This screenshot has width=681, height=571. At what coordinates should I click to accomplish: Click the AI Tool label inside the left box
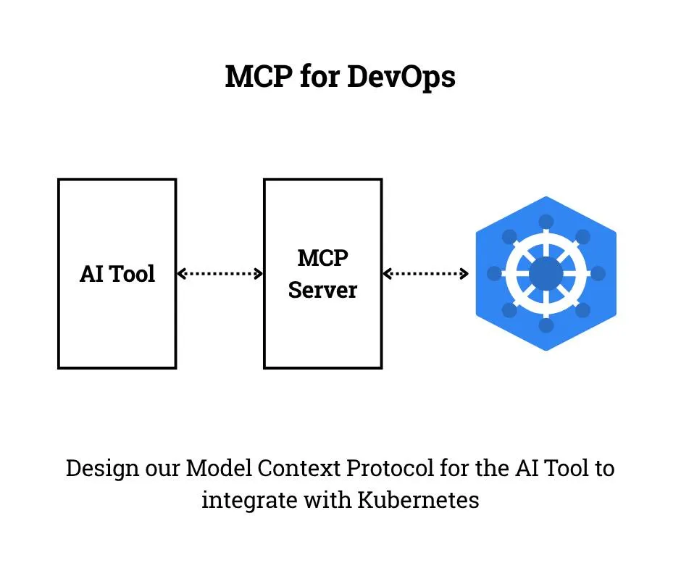117,274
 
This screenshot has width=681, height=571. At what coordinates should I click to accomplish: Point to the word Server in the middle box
322,290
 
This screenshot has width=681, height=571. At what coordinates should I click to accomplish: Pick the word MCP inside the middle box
322,258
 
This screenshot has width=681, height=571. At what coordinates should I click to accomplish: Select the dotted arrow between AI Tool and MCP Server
220,274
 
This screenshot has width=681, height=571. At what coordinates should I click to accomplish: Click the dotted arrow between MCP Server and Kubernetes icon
425,274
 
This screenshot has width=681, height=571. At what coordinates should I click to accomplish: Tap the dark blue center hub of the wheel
546,274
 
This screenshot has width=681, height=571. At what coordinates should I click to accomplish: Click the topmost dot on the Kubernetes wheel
546,222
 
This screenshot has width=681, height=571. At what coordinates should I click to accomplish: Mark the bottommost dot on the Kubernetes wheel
546,325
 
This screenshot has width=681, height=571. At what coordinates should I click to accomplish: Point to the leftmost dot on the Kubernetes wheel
495,273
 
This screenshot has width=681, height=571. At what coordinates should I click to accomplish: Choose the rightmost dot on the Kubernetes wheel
598,273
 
